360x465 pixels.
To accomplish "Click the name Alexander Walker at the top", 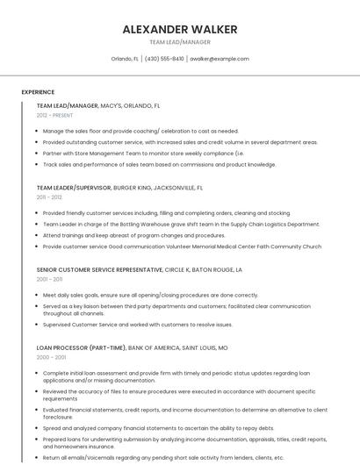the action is point(179,29).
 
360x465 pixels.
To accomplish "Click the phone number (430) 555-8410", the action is point(164,59).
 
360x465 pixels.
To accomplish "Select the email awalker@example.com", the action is point(220,59).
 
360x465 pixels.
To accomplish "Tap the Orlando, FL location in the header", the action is point(124,59).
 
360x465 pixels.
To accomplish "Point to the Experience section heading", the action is point(38,92).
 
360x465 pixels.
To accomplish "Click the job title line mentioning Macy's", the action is point(98,105).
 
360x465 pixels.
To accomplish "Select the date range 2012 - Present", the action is point(54,115).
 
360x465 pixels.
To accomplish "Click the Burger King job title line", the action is point(119,188).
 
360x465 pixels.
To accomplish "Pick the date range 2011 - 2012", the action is point(49,197).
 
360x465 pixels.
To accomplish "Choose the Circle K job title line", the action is point(139,270).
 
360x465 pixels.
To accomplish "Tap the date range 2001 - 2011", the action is point(49,280).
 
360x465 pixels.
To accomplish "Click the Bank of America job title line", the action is point(132,347).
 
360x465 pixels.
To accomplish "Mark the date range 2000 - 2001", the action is point(50,357).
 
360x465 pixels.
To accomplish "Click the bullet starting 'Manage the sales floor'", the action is point(140,131).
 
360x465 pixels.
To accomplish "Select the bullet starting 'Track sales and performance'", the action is point(159,164).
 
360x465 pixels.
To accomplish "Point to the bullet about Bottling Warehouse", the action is point(181,224).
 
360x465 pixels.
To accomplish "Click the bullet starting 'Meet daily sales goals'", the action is point(150,296).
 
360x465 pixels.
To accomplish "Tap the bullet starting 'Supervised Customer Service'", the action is point(149,325).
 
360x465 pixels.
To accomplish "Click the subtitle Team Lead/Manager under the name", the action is point(179,41).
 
